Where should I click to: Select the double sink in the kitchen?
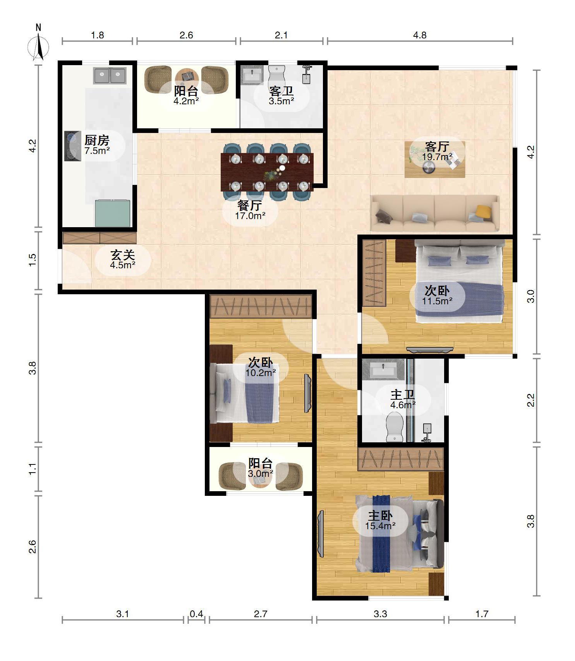point(110,76)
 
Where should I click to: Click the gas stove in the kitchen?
point(72,146)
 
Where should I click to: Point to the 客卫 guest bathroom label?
point(281,91)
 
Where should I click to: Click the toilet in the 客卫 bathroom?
point(276,78)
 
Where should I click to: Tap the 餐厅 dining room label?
point(250,205)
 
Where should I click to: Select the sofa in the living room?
point(434,214)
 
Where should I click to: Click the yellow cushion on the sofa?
point(483,211)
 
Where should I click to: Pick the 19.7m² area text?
point(437,157)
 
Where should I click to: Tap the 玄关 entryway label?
point(122,255)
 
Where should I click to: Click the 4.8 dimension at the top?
point(419,35)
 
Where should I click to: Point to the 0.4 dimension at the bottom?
point(196,614)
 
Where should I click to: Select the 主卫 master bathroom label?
point(403,395)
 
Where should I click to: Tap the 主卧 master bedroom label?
point(380,516)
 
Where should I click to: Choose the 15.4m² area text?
point(380,526)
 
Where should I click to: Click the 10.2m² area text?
point(261,373)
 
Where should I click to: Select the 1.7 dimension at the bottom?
point(482,614)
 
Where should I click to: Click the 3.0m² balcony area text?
point(261,473)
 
